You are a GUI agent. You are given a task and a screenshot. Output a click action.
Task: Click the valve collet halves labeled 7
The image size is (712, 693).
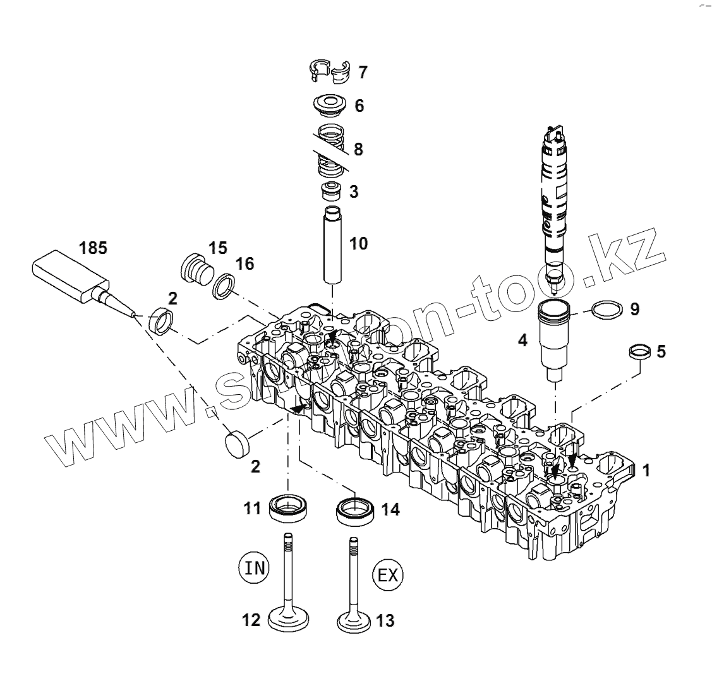pos(332,71)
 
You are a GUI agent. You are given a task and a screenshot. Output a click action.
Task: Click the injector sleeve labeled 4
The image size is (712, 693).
pos(555,338)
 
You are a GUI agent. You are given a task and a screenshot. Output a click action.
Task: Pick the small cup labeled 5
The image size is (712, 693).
pos(639,352)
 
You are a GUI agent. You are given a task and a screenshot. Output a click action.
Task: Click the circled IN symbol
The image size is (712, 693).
pos(255,567)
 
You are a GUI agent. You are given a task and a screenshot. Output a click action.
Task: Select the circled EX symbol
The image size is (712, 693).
pos(389,574)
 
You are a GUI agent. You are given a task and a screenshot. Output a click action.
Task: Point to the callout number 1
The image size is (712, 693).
pos(646,470)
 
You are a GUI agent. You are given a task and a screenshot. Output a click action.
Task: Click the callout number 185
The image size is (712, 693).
pos(93,248)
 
